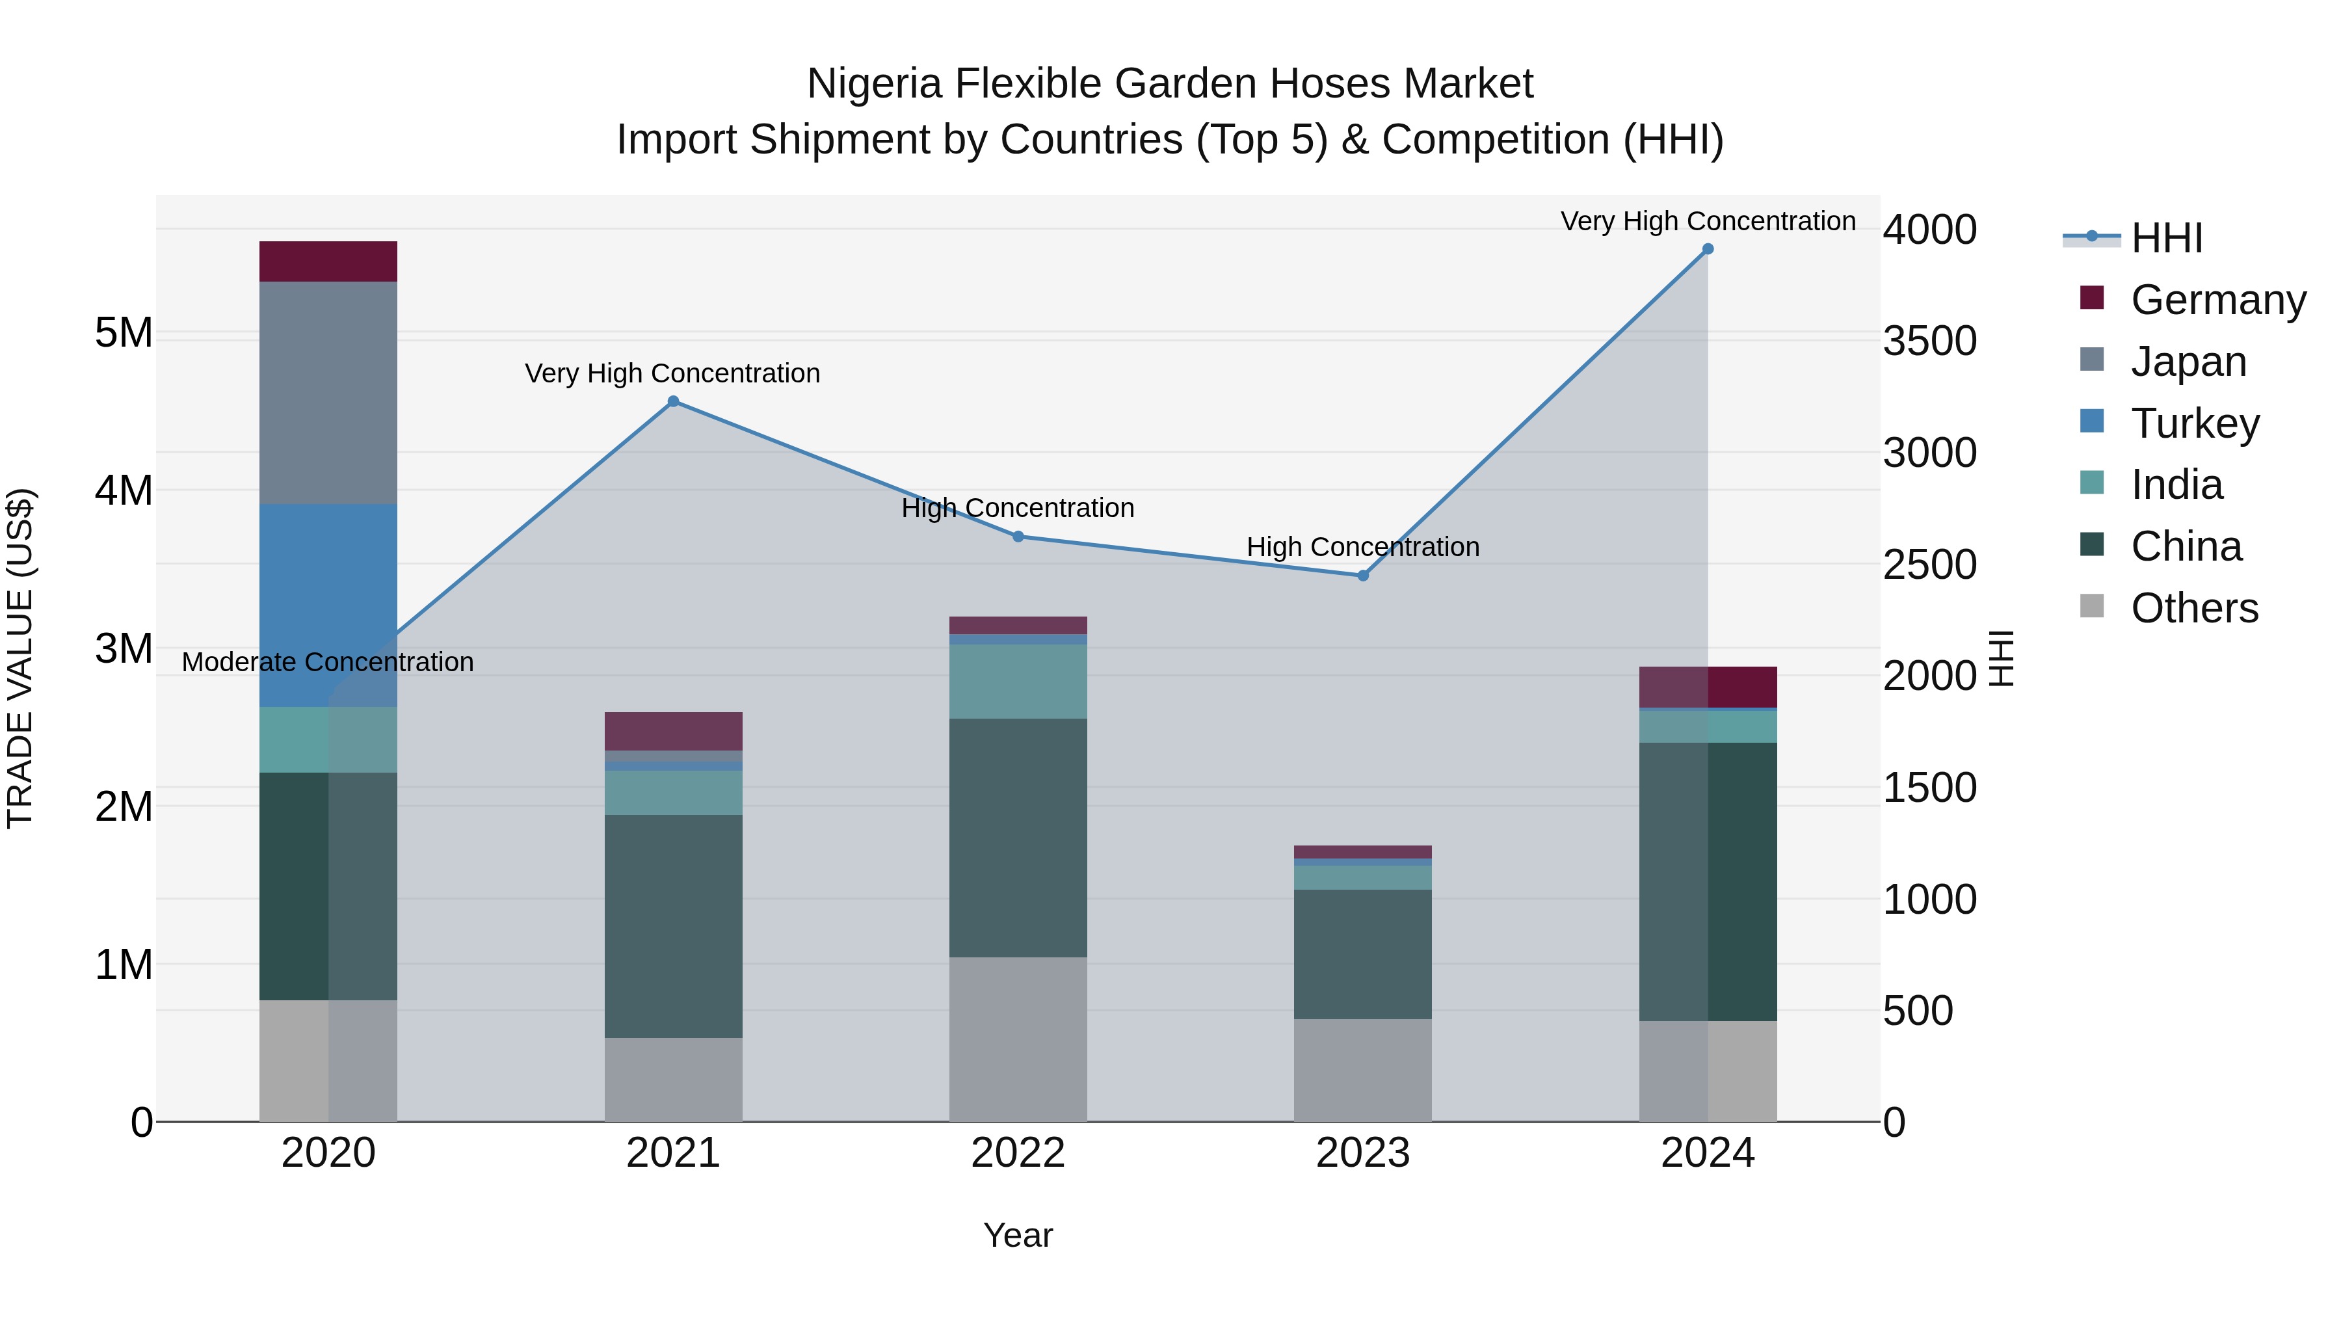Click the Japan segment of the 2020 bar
[x=328, y=393]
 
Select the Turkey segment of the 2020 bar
[x=328, y=604]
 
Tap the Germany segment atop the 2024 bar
[x=1708, y=687]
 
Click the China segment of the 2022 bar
[x=1018, y=837]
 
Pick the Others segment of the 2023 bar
[x=1362, y=1070]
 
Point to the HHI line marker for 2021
[x=674, y=401]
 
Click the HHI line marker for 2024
[x=1708, y=249]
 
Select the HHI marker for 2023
[x=1362, y=576]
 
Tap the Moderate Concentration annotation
[x=328, y=661]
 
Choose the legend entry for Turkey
[x=2195, y=423]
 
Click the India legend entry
[x=2176, y=485]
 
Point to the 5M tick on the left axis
[x=124, y=332]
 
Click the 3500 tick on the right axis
[x=1929, y=341]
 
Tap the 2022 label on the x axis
[x=1018, y=1153]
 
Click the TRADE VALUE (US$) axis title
[x=20, y=658]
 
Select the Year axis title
[x=1018, y=1235]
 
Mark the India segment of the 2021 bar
[x=674, y=793]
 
